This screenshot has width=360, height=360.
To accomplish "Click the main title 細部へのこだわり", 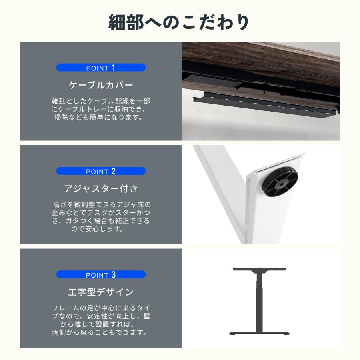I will (x=180, y=22).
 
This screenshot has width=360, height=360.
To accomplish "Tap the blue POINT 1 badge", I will (x=101, y=68).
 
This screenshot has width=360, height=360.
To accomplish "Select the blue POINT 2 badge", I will (x=101, y=171).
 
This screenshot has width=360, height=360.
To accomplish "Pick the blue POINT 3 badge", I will (x=101, y=275).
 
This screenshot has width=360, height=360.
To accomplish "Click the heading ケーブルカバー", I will (x=101, y=85).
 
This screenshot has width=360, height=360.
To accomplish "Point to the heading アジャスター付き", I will (x=101, y=188).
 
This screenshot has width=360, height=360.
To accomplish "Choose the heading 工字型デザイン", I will (x=101, y=292).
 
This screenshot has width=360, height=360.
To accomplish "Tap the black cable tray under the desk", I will (x=264, y=105).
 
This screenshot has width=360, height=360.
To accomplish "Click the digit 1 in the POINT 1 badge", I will (x=113, y=68).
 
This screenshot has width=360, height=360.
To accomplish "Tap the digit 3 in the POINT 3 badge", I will (x=113, y=275).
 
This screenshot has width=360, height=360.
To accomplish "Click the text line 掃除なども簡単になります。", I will (x=101, y=118).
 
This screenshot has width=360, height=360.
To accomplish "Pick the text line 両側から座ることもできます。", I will (x=101, y=332).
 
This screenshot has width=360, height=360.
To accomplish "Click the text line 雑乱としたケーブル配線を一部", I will (x=101, y=101).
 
